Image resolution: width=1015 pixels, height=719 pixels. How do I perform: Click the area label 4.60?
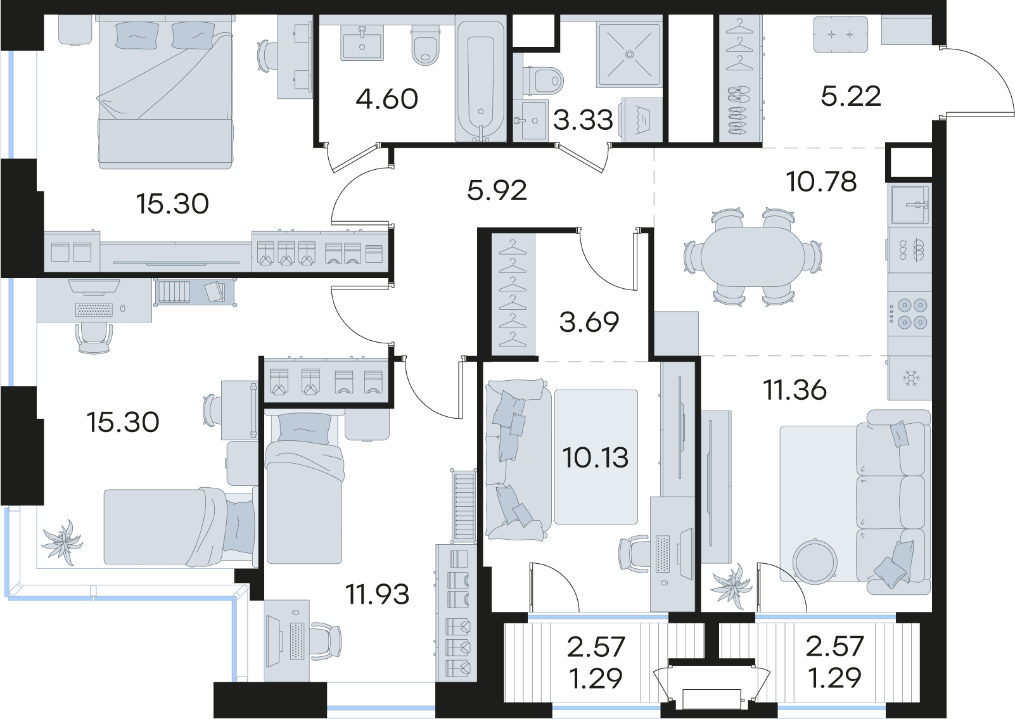[x=386, y=99]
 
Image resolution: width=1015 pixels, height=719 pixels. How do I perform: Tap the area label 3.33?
[x=583, y=120]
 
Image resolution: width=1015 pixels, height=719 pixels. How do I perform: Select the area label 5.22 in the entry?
[x=850, y=96]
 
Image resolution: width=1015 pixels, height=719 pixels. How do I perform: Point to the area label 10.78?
[x=821, y=182]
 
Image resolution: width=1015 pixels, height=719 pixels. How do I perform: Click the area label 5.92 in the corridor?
[x=497, y=191]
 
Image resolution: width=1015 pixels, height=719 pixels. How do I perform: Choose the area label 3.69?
[x=589, y=322]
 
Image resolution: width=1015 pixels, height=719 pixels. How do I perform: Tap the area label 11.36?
[x=795, y=390]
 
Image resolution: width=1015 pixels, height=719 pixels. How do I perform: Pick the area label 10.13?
[x=595, y=457]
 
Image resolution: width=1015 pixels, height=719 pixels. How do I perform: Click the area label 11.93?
[x=377, y=594]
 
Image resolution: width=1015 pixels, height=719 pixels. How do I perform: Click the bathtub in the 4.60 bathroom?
[x=481, y=79]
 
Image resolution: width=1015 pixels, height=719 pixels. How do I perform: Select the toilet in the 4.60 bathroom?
[x=426, y=46]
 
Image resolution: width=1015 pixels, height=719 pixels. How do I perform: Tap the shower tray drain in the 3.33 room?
[x=629, y=54]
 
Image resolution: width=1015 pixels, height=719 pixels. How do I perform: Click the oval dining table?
[x=753, y=257]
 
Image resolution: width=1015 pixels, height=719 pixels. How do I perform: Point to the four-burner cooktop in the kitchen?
[x=909, y=313]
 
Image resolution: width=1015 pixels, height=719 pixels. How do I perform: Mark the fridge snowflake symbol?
[x=909, y=378]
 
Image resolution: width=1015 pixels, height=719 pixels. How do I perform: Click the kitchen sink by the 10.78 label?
[x=910, y=205]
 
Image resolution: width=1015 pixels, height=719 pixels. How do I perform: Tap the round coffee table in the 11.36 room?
[x=814, y=562]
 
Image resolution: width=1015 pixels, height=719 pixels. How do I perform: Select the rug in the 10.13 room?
[x=596, y=457]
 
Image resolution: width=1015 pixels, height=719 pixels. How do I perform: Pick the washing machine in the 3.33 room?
[x=642, y=119]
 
